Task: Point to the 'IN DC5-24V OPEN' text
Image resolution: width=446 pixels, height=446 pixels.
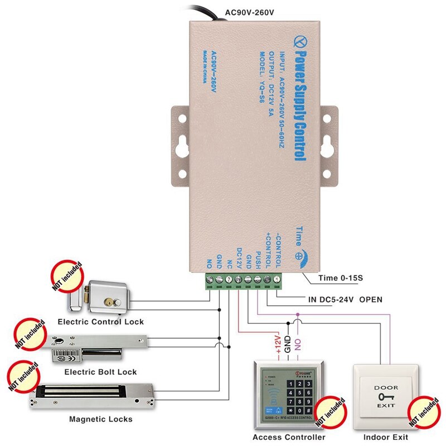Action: pos(345,299)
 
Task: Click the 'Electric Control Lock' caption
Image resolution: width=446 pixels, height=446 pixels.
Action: pos(100,322)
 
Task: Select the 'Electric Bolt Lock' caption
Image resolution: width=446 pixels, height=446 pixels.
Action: pos(100,372)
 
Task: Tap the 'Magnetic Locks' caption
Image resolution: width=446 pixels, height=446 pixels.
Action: pos(101,419)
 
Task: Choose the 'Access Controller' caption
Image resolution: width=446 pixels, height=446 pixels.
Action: pos(288,437)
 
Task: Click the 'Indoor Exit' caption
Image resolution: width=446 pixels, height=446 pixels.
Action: pos(386,437)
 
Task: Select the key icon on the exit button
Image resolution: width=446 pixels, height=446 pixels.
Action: pos(386,396)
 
